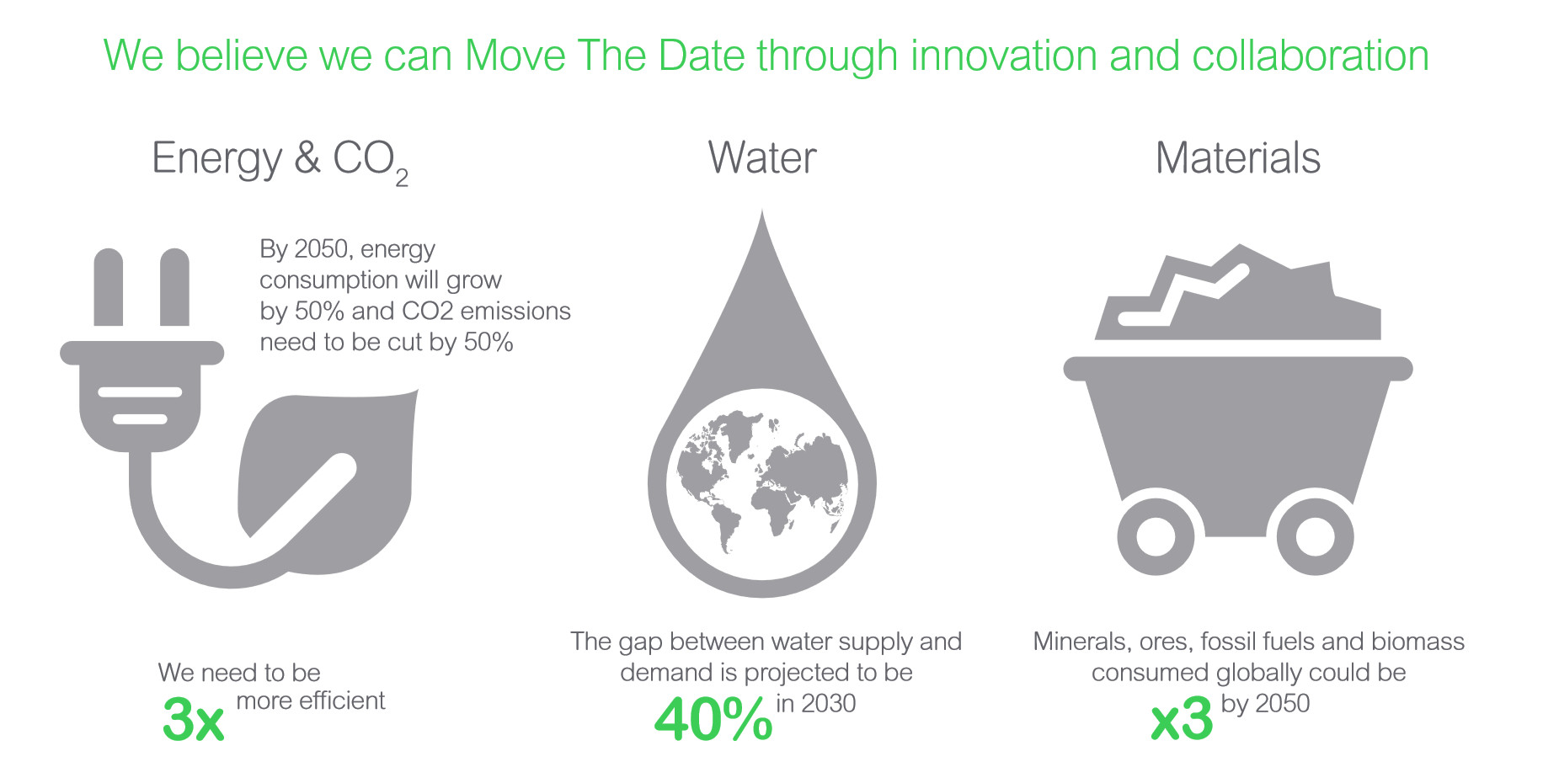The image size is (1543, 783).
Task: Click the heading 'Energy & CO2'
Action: pyautogui.click(x=280, y=161)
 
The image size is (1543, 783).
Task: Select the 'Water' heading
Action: pyautogui.click(x=762, y=157)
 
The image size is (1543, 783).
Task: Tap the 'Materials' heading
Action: pyautogui.click(x=1237, y=157)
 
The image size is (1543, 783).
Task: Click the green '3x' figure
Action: pyautogui.click(x=194, y=719)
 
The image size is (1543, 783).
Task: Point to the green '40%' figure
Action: pyautogui.click(x=713, y=719)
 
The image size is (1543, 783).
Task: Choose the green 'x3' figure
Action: pyautogui.click(x=1182, y=719)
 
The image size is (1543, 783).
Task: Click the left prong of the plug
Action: pyautogui.click(x=109, y=287)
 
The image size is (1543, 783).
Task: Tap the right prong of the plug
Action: pyautogui.click(x=174, y=287)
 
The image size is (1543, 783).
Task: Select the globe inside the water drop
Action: pyautogui.click(x=762, y=483)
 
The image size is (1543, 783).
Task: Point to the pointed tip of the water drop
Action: pyautogui.click(x=762, y=210)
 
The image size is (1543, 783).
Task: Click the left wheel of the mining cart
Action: pyautogui.click(x=1156, y=536)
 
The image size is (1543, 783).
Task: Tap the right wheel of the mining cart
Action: pyautogui.click(x=1315, y=536)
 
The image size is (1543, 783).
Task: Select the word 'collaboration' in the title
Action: pyautogui.click(x=1311, y=56)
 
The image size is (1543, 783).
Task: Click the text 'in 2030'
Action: pyautogui.click(x=815, y=703)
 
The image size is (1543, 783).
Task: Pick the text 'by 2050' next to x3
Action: pyautogui.click(x=1265, y=703)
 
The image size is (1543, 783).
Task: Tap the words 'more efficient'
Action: pyautogui.click(x=310, y=700)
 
